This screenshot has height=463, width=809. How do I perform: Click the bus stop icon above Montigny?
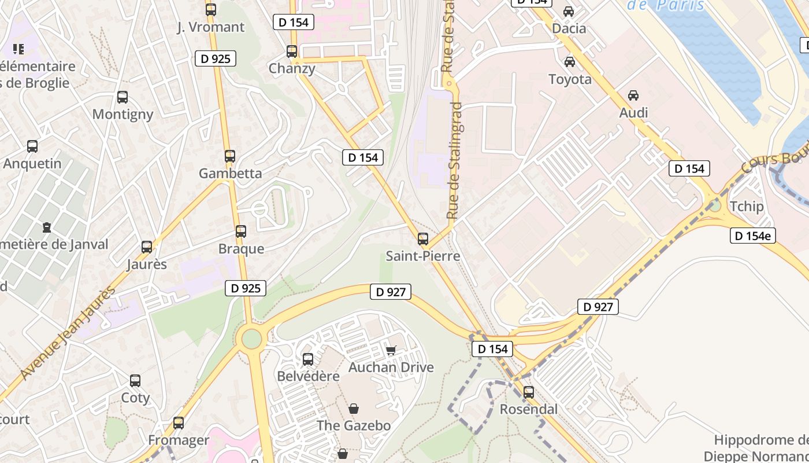coord(123,97)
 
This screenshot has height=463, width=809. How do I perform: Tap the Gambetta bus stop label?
coord(230,173)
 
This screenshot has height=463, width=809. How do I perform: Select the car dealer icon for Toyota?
coord(570,62)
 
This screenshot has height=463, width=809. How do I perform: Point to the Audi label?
coord(633,113)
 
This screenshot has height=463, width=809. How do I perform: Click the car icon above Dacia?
coord(569,12)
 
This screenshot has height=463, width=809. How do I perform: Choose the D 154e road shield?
coord(752,236)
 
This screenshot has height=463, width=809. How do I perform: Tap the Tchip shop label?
coord(747,207)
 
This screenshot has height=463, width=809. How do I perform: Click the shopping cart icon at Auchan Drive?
coord(391,350)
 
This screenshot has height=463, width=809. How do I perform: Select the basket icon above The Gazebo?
coord(354,409)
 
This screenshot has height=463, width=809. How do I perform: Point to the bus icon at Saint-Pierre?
coord(423,238)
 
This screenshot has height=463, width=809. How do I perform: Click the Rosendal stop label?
coord(529,409)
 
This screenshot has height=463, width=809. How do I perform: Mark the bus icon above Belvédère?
coord(308,359)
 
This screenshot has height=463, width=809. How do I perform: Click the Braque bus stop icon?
coord(241,231)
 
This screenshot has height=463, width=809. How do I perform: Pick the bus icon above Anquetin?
coord(32,146)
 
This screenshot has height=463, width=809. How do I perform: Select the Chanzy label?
coord(292,68)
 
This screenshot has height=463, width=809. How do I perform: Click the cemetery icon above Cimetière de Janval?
coord(47,227)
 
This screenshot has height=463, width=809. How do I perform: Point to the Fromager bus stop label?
coord(179,440)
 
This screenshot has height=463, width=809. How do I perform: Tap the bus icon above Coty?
coord(135,381)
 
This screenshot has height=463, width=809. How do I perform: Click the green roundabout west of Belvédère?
coord(252,339)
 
